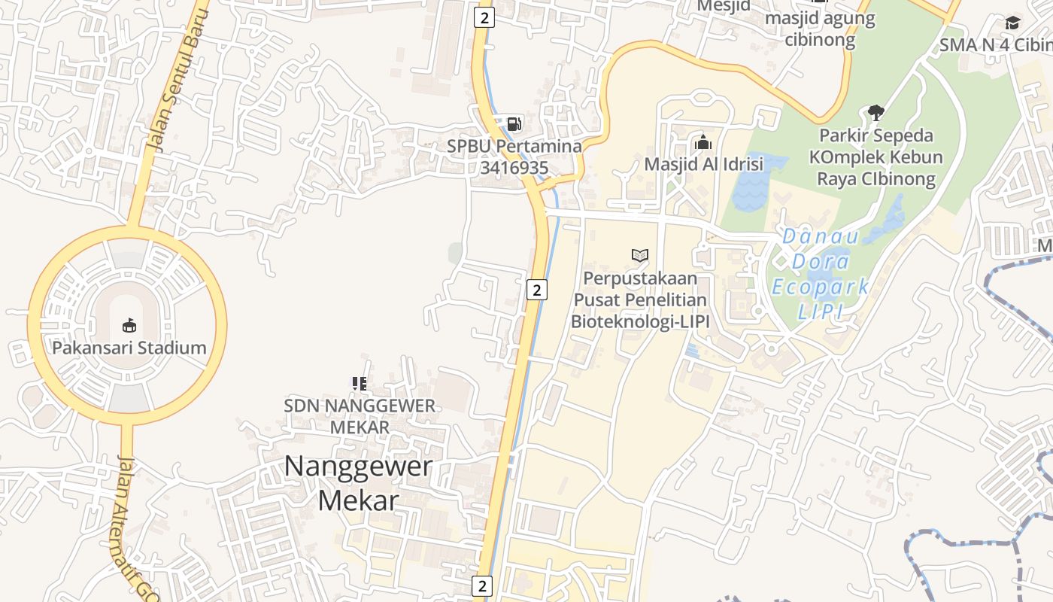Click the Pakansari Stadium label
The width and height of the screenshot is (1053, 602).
(x=129, y=348)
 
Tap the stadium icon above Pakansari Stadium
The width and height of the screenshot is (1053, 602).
(x=129, y=325)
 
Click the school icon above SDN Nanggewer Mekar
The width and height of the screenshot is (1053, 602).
(x=360, y=384)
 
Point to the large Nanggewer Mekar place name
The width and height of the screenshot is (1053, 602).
(x=358, y=482)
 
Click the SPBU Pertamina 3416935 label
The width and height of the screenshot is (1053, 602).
(x=514, y=157)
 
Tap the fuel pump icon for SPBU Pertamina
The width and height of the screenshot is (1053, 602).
(x=514, y=124)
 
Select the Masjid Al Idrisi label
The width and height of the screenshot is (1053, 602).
(x=703, y=164)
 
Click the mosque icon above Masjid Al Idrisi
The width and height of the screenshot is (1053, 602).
(x=703, y=142)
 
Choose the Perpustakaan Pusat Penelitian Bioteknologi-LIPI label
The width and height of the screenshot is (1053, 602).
(x=639, y=299)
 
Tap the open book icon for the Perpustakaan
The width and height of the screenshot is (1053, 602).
(x=640, y=256)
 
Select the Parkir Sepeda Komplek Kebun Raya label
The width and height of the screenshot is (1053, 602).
(x=875, y=157)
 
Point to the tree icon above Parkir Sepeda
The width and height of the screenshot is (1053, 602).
(x=875, y=113)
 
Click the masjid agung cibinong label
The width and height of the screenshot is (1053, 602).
(x=820, y=29)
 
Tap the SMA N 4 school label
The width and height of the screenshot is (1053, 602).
(x=995, y=45)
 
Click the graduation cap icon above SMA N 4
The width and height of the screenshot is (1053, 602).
(x=1013, y=23)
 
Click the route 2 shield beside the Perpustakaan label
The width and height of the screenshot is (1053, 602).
(x=536, y=289)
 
